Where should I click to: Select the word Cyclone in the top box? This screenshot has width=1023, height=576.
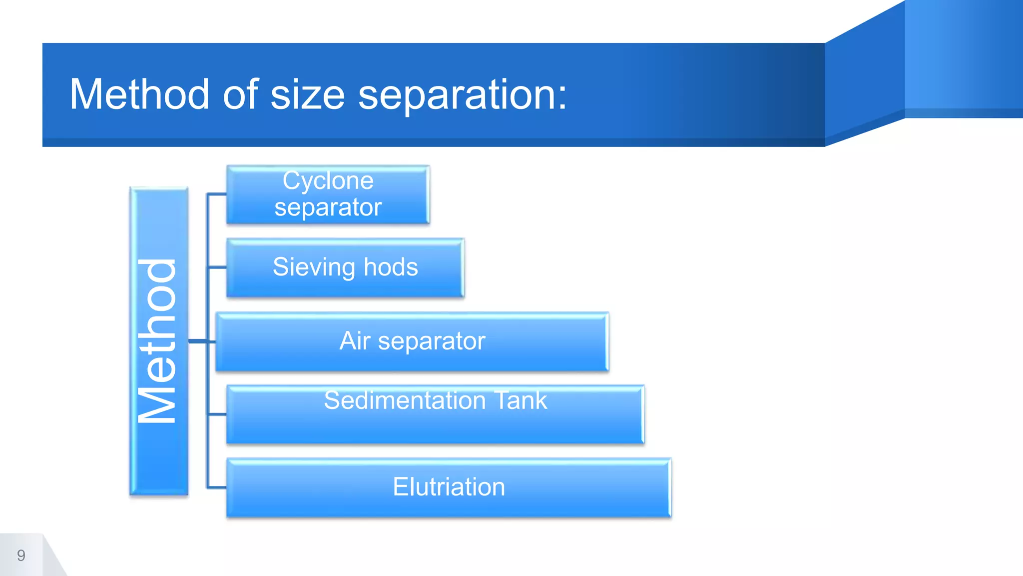tap(328, 180)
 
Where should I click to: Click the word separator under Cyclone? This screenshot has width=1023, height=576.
tap(328, 207)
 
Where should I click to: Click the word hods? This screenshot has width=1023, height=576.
tap(391, 267)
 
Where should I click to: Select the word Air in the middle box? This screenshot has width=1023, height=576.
tap(355, 341)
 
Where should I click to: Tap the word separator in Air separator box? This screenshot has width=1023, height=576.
tap(432, 341)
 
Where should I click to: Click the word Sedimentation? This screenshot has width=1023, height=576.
tap(405, 400)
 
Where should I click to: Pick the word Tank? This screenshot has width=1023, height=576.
tap(520, 400)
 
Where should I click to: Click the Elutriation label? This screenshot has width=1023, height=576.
tap(449, 487)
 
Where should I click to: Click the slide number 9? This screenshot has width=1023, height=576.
tap(21, 555)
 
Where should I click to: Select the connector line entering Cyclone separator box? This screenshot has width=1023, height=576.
tap(217, 194)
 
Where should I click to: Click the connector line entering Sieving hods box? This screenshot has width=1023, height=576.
tap(217, 267)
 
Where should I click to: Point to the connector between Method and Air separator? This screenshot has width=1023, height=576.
tap(202, 341)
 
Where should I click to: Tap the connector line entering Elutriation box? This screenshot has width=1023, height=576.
tap(217, 487)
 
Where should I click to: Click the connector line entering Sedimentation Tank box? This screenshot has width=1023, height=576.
tap(217, 414)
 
